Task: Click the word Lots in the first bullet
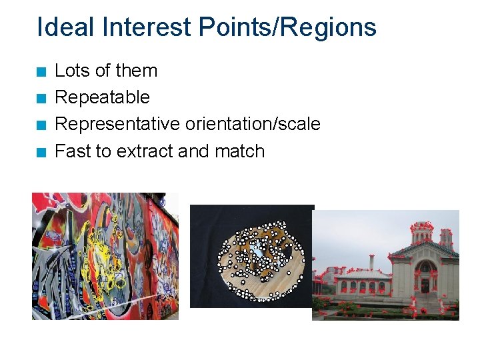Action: (70, 71)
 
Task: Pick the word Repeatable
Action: (102, 97)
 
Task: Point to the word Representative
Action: (117, 124)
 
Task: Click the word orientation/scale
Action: (253, 124)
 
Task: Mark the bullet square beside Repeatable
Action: (41, 99)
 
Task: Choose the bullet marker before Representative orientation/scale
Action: (41, 125)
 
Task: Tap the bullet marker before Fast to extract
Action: (41, 153)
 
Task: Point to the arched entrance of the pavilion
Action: (425, 283)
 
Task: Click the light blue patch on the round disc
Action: (257, 253)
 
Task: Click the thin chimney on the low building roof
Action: (371, 261)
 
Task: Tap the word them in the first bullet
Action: (137, 71)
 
